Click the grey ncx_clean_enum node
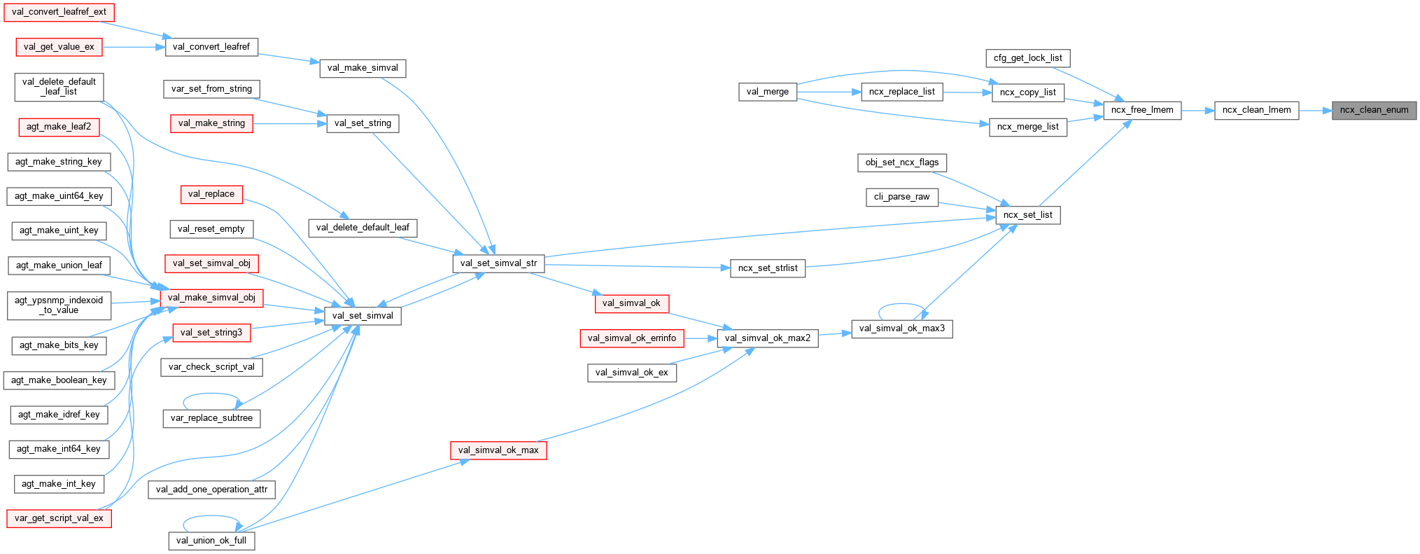point(1374,110)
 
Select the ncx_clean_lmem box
point(1256,110)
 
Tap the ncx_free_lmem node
point(1142,110)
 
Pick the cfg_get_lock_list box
point(1027,58)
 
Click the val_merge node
point(767,92)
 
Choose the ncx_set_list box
point(1027,215)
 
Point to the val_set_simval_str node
point(498,263)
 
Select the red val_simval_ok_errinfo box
point(631,338)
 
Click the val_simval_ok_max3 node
point(901,328)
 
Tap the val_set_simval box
point(363,316)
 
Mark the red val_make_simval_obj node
point(211,298)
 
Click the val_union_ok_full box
point(211,541)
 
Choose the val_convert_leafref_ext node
point(59,12)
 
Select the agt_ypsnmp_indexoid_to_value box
point(59,305)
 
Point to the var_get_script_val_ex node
point(59,518)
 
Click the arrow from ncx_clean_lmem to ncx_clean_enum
point(1316,110)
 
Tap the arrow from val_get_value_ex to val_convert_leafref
point(134,47)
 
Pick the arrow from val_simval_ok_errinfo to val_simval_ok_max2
point(700,338)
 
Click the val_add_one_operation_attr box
point(211,490)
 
